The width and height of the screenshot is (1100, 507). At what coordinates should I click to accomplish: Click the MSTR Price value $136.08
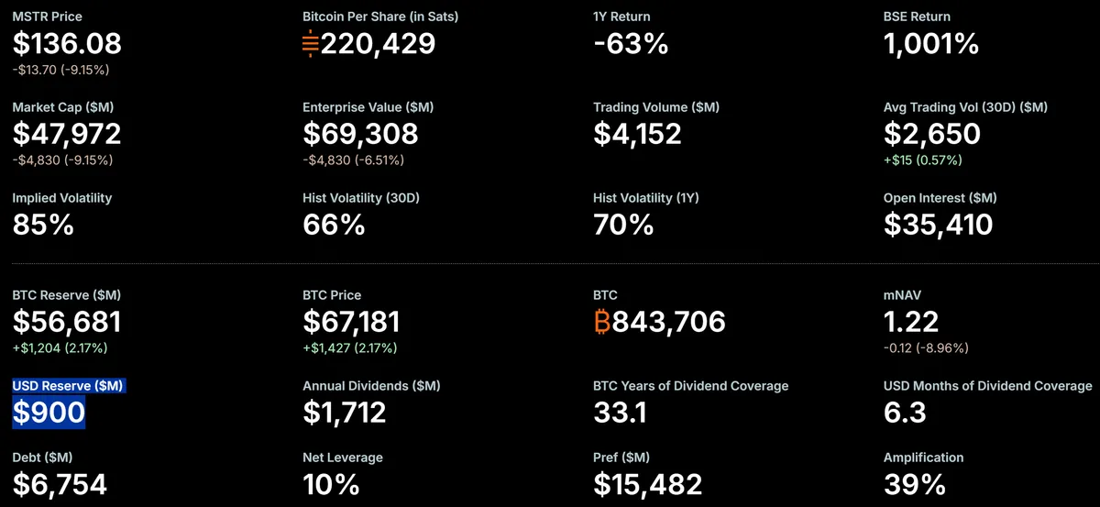pos(67,43)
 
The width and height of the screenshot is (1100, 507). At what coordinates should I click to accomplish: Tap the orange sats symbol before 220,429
pos(311,43)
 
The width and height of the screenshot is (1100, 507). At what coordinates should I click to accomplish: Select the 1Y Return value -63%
pos(631,43)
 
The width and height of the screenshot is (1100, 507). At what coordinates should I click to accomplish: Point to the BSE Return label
pos(917,17)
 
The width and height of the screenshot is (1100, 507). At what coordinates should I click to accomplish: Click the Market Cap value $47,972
pos(67,134)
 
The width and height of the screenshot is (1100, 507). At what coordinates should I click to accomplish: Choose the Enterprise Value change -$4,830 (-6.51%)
pos(353,160)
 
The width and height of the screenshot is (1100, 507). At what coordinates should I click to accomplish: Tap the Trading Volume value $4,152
pos(637,134)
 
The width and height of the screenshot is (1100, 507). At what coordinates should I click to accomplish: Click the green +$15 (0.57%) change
pos(923,160)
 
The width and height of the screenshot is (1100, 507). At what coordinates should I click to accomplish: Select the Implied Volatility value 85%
pos(43,225)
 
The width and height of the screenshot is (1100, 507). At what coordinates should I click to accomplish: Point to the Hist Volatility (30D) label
pos(361,198)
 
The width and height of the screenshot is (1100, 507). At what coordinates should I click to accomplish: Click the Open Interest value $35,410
pos(938,225)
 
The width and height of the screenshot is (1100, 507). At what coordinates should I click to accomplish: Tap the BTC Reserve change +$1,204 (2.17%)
pos(60,348)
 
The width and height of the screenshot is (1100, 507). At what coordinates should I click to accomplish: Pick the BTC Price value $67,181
pos(351,322)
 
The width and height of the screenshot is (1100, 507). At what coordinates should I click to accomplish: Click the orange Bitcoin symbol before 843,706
pos(602,322)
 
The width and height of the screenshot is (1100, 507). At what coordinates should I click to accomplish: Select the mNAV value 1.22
pos(911,322)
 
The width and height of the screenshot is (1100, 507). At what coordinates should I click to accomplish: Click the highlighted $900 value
pos(49,412)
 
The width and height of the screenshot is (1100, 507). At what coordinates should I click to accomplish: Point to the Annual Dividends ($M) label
pos(371,386)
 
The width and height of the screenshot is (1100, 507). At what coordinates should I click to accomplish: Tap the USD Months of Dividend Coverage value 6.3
pos(905,413)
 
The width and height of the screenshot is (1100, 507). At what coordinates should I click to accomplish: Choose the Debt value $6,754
pos(60,484)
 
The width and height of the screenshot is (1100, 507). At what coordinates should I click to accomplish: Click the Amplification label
pos(923,457)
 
